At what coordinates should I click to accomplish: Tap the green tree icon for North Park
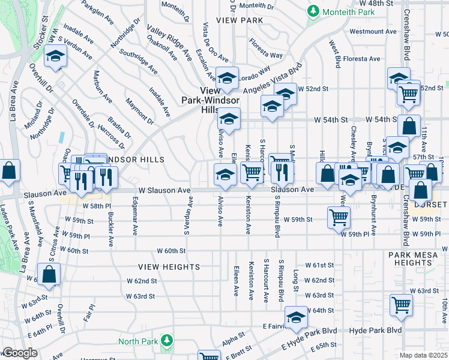(170, 341)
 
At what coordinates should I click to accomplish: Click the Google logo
(19, 353)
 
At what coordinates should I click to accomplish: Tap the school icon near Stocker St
(56, 57)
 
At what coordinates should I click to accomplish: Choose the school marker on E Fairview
(295, 317)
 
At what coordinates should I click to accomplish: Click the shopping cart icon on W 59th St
(339, 216)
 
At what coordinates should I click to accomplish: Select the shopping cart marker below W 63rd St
(401, 304)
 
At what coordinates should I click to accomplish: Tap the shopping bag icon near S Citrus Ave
(50, 275)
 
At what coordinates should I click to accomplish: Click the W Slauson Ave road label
(164, 190)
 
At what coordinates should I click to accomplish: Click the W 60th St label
(172, 250)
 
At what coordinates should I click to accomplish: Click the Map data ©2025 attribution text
(423, 355)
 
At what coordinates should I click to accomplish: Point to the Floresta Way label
(267, 49)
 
